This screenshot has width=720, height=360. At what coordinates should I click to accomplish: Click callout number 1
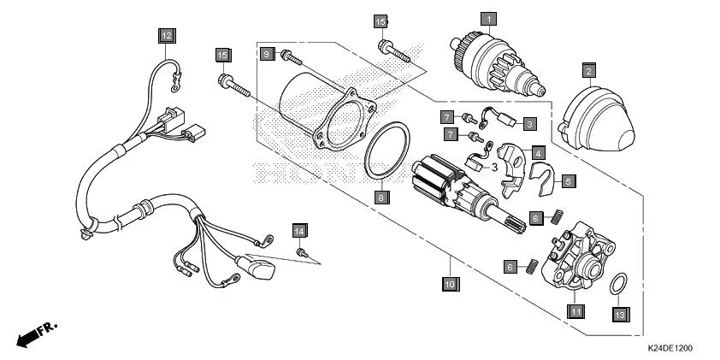(487, 18)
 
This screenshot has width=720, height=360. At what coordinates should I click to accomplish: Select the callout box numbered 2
(589, 69)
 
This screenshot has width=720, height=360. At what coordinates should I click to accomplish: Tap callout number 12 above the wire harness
(164, 35)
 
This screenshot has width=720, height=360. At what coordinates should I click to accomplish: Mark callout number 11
(576, 310)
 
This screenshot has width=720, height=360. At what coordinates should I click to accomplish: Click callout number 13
(621, 314)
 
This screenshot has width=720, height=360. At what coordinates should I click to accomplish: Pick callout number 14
(299, 231)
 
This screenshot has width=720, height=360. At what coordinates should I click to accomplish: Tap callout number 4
(538, 152)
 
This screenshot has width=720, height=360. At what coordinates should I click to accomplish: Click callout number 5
(568, 180)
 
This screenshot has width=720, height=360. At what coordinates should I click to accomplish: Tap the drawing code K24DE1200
(670, 349)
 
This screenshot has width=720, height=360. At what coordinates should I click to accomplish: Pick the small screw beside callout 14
(302, 252)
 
